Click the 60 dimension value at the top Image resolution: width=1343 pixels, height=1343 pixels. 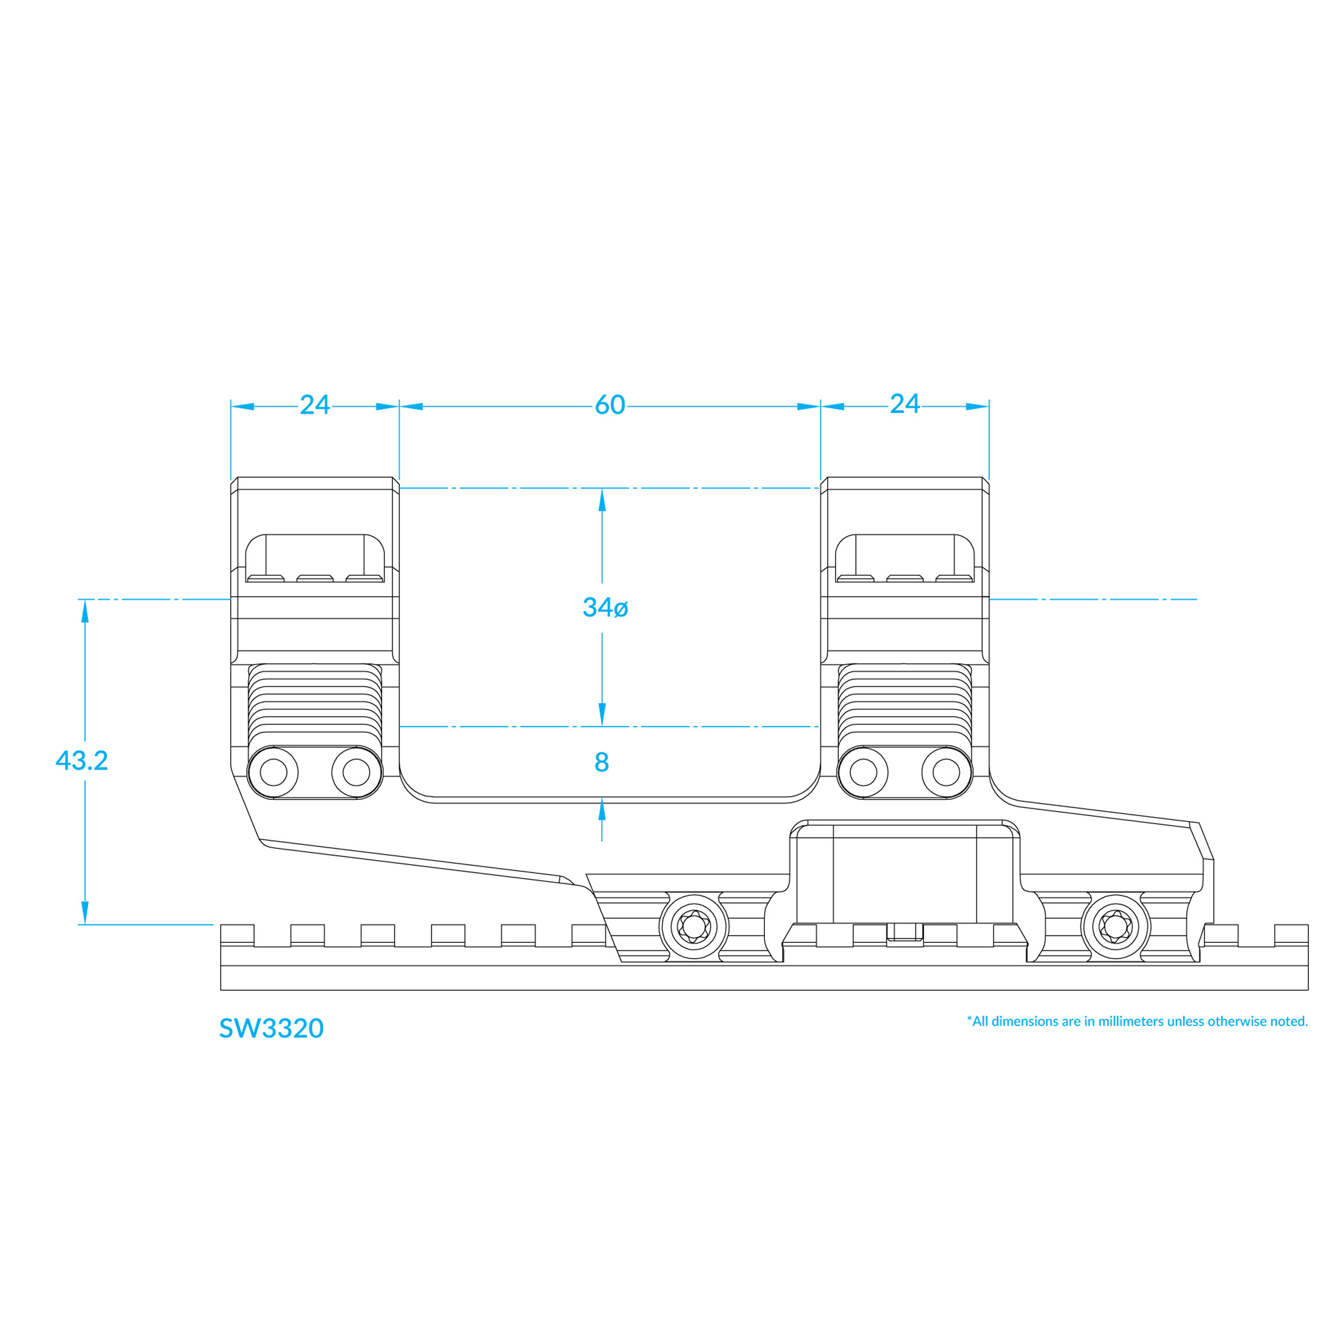pyautogui.click(x=610, y=405)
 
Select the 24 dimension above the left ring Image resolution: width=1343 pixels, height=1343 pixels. pyautogui.click(x=314, y=405)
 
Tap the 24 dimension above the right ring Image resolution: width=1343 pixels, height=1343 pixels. pyautogui.click(x=904, y=404)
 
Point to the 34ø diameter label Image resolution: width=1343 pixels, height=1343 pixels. pyautogui.click(x=605, y=608)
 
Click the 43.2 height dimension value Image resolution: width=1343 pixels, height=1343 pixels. pyautogui.click(x=82, y=761)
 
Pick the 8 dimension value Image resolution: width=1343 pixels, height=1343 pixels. pyautogui.click(x=602, y=763)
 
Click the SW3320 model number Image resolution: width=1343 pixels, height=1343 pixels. pyautogui.click(x=271, y=1029)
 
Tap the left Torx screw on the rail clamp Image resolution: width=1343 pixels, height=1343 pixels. pyautogui.click(x=695, y=927)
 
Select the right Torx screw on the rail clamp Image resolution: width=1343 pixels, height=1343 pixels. pyautogui.click(x=1116, y=927)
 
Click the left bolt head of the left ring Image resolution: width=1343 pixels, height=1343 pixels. pyautogui.click(x=273, y=772)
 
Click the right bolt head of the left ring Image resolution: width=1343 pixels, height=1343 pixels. pyautogui.click(x=357, y=772)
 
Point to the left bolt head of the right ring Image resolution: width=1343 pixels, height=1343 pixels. pyautogui.click(x=863, y=772)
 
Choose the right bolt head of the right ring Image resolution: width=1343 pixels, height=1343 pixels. pyautogui.click(x=946, y=772)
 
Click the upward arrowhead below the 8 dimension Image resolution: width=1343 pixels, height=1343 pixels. pyautogui.click(x=602, y=811)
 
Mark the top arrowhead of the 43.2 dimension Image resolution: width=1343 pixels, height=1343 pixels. pyautogui.click(x=85, y=611)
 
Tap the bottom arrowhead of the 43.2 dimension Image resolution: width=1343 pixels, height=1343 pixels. pyautogui.click(x=85, y=913)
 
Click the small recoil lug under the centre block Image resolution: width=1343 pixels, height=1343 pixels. pyautogui.click(x=905, y=932)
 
